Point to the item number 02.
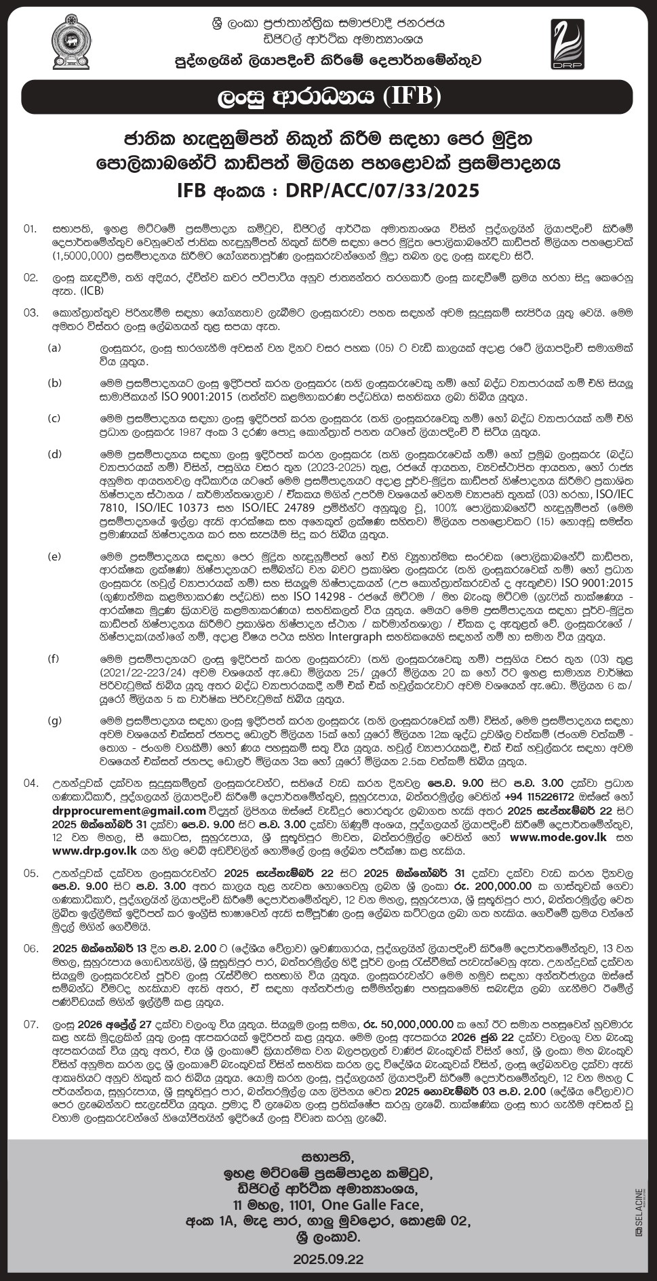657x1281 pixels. pos(31,278)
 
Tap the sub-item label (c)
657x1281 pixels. pos(54,418)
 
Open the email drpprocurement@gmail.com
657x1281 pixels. pos(129,811)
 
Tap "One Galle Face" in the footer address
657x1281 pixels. pos(372,1204)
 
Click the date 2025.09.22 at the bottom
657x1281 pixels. pos(328,1259)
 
